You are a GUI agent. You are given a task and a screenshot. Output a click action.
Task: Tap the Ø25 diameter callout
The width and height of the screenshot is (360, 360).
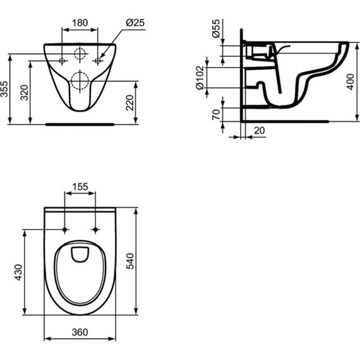pos(136,22)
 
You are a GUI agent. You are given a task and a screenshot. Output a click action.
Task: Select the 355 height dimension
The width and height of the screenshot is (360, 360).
pos(6,89)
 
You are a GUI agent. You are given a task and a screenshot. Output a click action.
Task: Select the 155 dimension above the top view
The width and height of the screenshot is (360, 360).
pos(80,187)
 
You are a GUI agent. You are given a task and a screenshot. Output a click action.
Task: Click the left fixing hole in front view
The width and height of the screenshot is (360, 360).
pos(63,61)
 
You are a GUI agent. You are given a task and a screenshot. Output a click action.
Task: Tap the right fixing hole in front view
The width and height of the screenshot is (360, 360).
pos(97,61)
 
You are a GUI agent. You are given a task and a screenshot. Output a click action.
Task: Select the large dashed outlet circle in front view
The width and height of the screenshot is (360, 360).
pos(80,80)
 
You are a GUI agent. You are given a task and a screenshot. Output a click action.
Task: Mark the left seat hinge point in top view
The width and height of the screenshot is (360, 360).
pos(66,229)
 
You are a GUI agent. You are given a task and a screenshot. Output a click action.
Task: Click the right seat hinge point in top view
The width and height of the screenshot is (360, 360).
pos(95,229)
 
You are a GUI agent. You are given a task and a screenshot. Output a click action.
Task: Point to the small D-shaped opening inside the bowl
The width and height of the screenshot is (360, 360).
pos(80,254)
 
